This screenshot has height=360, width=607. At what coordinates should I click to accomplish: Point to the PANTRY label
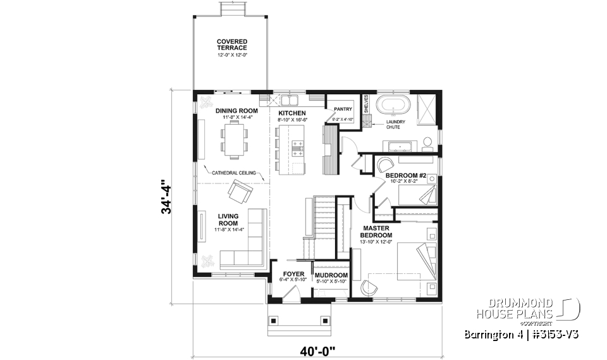pos(342,109)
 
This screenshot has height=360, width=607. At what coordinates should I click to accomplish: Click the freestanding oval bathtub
pos(393,104)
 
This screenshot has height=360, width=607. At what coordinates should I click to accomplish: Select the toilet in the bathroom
pos(427,142)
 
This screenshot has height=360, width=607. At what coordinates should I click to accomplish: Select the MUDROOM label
pos(331,275)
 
